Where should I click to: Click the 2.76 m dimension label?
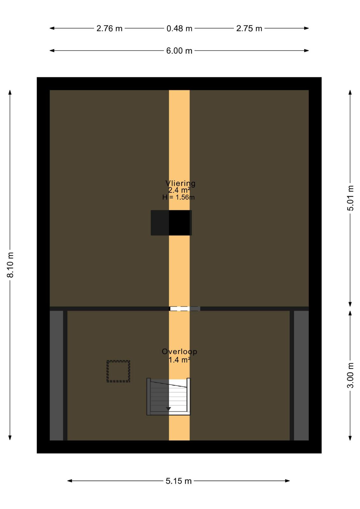click(x=109, y=28)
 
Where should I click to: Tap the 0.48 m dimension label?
click(x=179, y=28)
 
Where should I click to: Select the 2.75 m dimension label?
click(x=249, y=28)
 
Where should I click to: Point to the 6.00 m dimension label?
click(x=179, y=51)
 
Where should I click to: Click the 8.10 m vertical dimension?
click(x=10, y=265)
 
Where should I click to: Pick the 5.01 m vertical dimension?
click(x=350, y=198)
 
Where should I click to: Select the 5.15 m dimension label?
click(x=178, y=481)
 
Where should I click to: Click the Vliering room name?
click(x=180, y=183)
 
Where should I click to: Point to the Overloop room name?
click(x=179, y=352)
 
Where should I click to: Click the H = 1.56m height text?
click(x=178, y=197)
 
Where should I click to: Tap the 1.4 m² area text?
click(x=179, y=360)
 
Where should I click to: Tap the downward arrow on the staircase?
click(x=168, y=409)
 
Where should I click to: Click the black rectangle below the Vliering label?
click(x=171, y=223)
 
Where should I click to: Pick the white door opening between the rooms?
click(x=180, y=309)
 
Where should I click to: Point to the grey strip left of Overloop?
click(x=56, y=376)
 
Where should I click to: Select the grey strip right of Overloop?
click(x=301, y=376)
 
